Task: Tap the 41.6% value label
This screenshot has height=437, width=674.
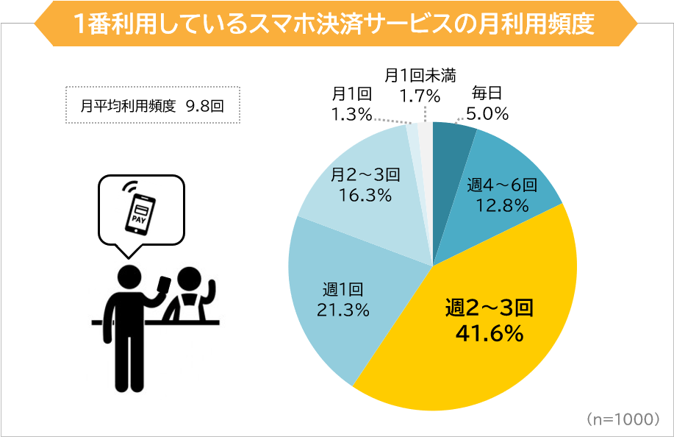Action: coord(489,334)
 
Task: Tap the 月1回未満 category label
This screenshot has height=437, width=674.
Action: coord(420,75)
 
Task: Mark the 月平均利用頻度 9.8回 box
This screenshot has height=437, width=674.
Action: coord(152,105)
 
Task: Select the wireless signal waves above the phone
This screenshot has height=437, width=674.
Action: coord(131,185)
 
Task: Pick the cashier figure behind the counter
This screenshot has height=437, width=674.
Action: coord(190,294)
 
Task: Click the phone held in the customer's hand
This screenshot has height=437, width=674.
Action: coord(165,283)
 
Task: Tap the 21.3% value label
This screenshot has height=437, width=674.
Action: coord(343,310)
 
